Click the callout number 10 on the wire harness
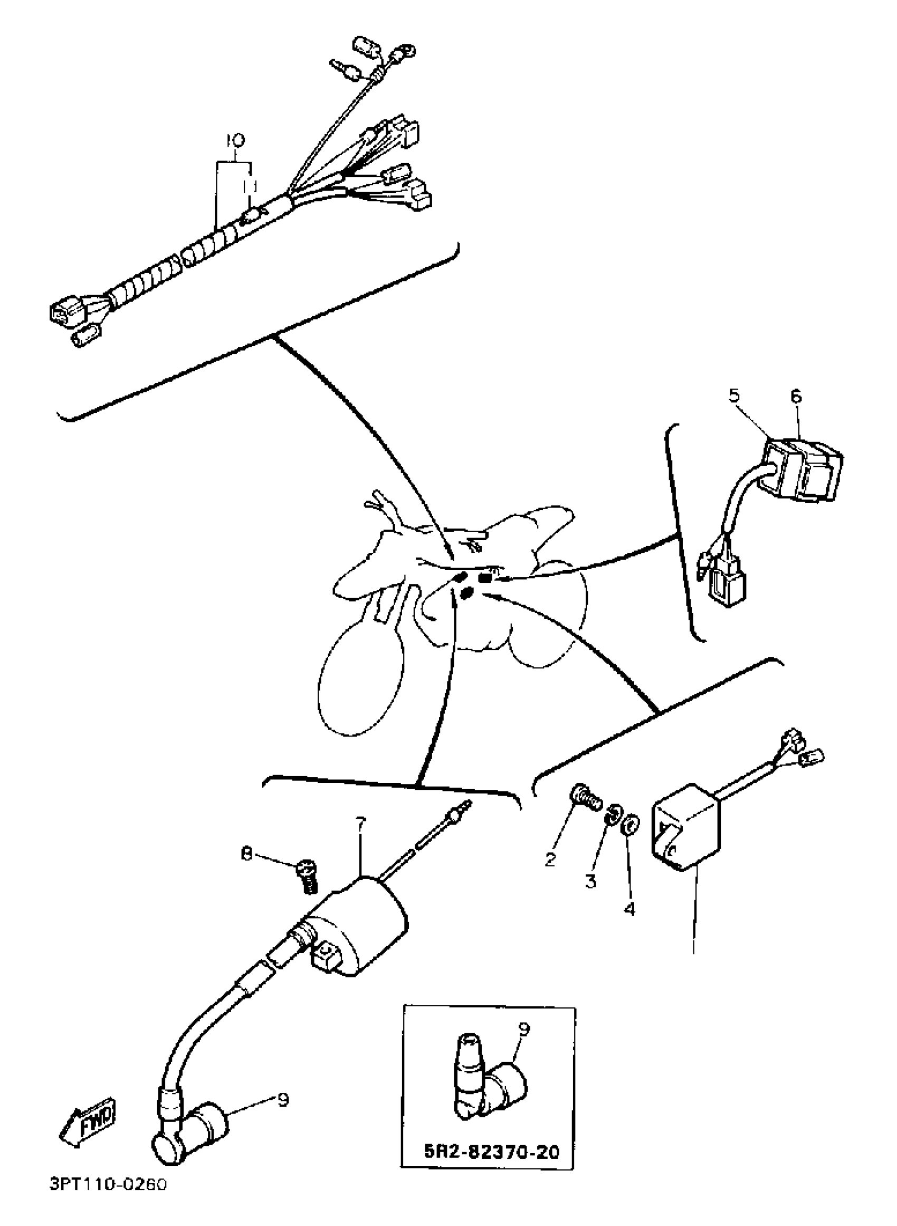[x=235, y=140]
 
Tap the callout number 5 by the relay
[x=734, y=396]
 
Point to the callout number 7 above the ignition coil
[x=361, y=824]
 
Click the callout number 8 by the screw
[x=247, y=854]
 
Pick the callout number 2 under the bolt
[x=550, y=860]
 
